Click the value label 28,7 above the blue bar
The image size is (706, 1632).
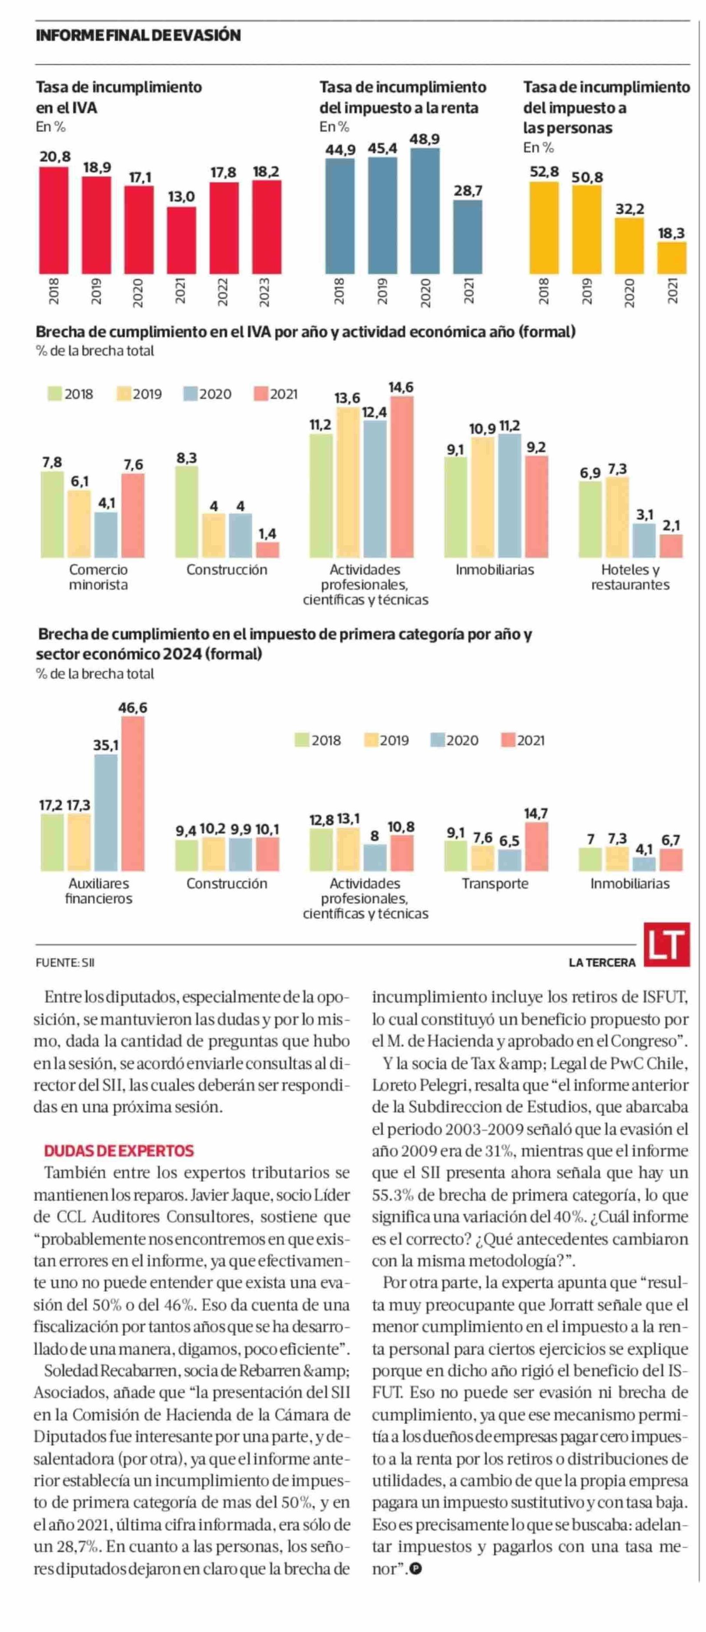tap(467, 191)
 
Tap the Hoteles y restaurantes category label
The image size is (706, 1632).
tap(630, 577)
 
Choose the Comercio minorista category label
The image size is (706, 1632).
tap(98, 577)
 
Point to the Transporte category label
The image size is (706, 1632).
tap(495, 883)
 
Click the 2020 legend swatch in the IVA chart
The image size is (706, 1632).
tap(191, 394)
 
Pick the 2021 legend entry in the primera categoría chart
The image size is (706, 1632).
tap(523, 740)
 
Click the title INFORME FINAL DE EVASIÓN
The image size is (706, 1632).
tap(138, 35)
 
